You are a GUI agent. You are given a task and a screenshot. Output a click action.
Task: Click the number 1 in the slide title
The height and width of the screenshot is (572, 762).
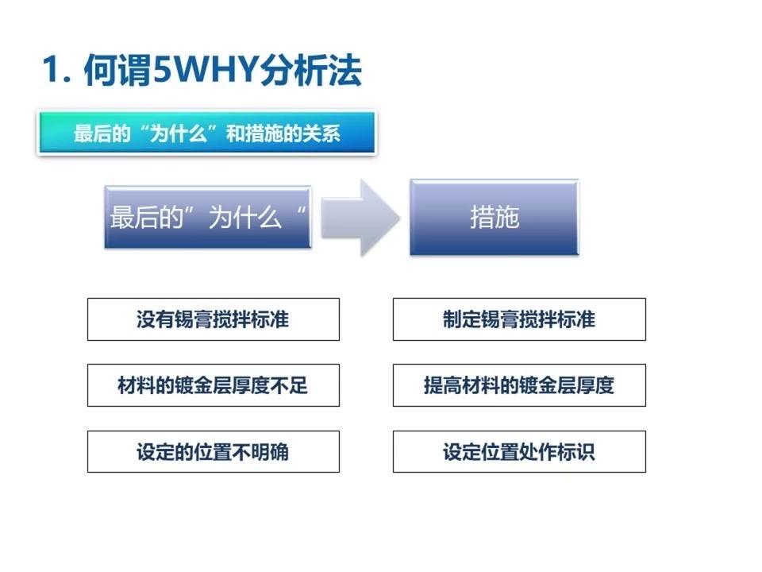52,70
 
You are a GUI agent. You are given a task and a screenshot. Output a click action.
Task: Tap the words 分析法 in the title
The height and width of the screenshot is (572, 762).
310,70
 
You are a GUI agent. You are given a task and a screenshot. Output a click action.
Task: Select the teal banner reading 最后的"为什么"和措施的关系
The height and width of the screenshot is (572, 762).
207,133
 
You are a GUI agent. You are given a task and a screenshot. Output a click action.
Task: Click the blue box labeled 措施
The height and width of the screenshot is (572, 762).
495,217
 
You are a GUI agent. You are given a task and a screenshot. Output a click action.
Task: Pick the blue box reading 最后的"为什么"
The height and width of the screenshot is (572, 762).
208,217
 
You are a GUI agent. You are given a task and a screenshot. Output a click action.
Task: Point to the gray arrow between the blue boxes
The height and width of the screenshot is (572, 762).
360,218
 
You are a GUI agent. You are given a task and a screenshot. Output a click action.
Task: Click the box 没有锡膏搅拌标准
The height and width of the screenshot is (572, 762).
214,319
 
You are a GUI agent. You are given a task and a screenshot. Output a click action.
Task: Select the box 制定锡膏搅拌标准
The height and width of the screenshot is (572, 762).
519,319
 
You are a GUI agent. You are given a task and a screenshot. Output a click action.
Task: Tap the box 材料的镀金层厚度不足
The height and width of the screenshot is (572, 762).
214,385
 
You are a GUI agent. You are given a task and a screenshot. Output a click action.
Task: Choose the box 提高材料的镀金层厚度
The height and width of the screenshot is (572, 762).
519,385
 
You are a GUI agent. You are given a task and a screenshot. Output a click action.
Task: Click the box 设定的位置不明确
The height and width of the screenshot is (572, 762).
214,451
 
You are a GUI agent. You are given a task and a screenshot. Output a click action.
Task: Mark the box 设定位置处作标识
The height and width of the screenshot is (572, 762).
519,451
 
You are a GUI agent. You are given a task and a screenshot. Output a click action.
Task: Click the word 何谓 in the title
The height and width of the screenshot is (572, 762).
117,70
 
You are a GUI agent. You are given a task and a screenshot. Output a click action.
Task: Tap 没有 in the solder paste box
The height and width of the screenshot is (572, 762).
155,319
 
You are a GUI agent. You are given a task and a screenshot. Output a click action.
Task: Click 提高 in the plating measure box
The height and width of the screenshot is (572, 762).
442,385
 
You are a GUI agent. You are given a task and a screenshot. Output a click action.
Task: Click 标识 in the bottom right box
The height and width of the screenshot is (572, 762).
576,452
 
